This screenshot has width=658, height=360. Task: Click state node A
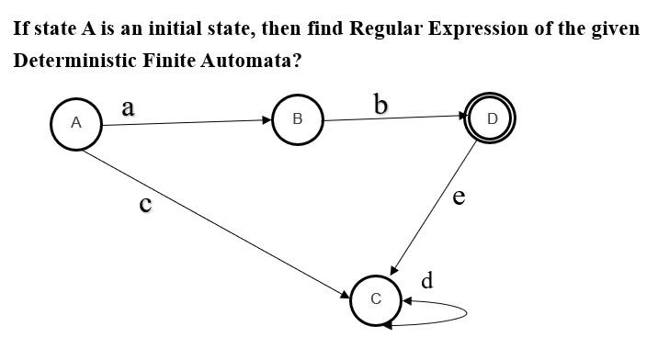75,122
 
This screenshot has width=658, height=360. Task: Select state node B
298,119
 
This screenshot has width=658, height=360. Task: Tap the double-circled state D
492,118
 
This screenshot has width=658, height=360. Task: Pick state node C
375,299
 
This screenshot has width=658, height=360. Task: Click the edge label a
128,107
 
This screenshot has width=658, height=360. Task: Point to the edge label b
380,105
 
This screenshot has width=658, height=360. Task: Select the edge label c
144,203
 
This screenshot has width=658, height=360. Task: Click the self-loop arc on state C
464,313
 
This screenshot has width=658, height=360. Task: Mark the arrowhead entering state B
267,120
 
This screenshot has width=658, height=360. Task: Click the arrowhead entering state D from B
461,117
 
